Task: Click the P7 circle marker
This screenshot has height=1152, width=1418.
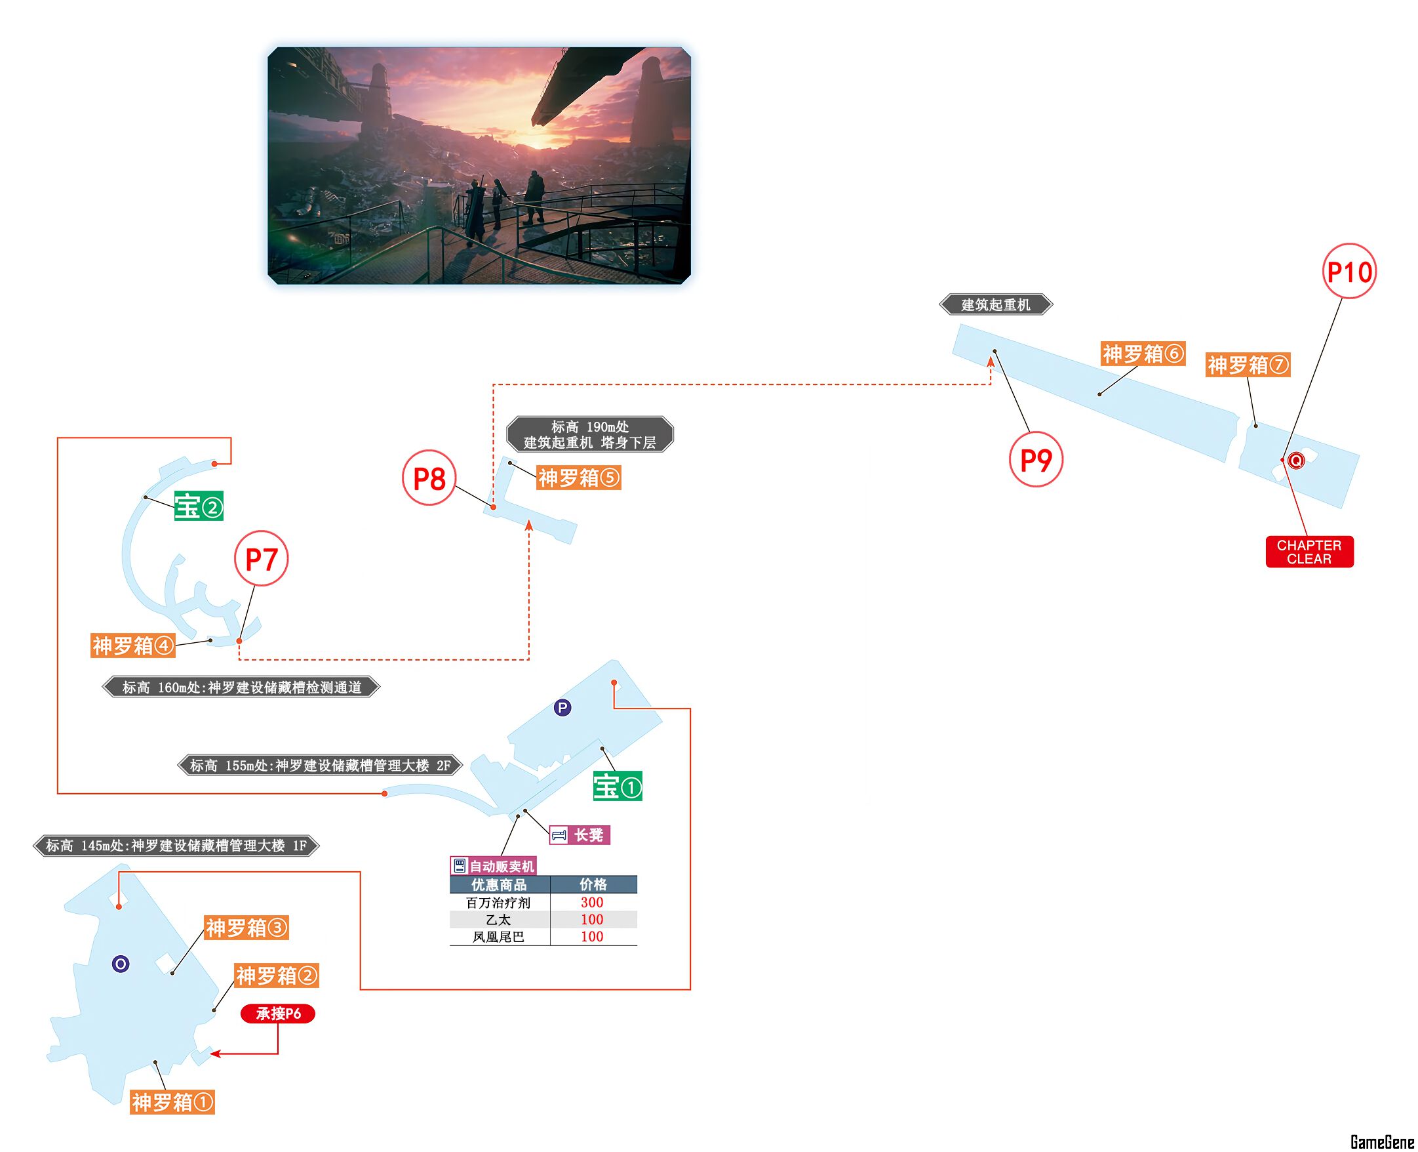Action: (x=262, y=558)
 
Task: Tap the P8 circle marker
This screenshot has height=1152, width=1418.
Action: (x=429, y=478)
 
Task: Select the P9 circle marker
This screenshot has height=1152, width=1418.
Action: (x=1035, y=459)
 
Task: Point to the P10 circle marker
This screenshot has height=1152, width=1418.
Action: (x=1349, y=272)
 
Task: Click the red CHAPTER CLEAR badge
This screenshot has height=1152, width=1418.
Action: (x=1309, y=552)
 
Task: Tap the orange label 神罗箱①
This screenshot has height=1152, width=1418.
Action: (x=172, y=1101)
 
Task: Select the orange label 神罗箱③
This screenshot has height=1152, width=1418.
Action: (x=246, y=927)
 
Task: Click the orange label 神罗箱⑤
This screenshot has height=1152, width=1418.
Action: (x=578, y=477)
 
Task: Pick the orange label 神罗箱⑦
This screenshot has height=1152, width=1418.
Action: (x=1248, y=364)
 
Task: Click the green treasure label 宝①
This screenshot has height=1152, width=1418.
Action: (x=618, y=787)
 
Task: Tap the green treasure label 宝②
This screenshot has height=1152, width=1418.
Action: (x=198, y=507)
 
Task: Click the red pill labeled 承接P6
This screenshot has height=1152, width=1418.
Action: (x=278, y=1014)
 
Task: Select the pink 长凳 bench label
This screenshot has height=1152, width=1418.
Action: (x=580, y=834)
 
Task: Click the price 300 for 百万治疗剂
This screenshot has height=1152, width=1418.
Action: (x=591, y=902)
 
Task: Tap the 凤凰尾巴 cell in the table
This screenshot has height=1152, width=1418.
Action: (x=499, y=936)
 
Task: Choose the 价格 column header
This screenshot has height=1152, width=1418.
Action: (x=592, y=884)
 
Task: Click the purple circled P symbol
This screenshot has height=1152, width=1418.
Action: (x=562, y=707)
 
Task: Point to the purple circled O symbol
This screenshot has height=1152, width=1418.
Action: (x=120, y=964)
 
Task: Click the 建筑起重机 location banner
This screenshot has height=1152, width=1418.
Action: (x=996, y=304)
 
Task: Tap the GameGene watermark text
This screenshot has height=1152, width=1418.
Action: (x=1382, y=1142)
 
